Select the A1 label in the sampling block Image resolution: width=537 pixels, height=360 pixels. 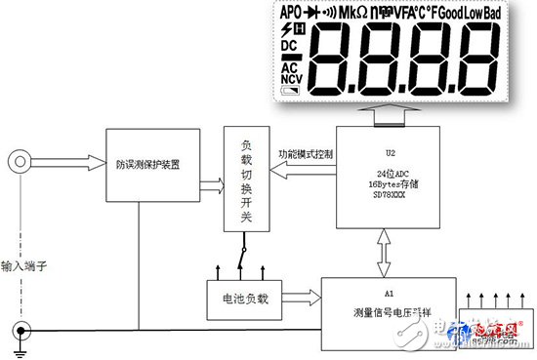point(388,294)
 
